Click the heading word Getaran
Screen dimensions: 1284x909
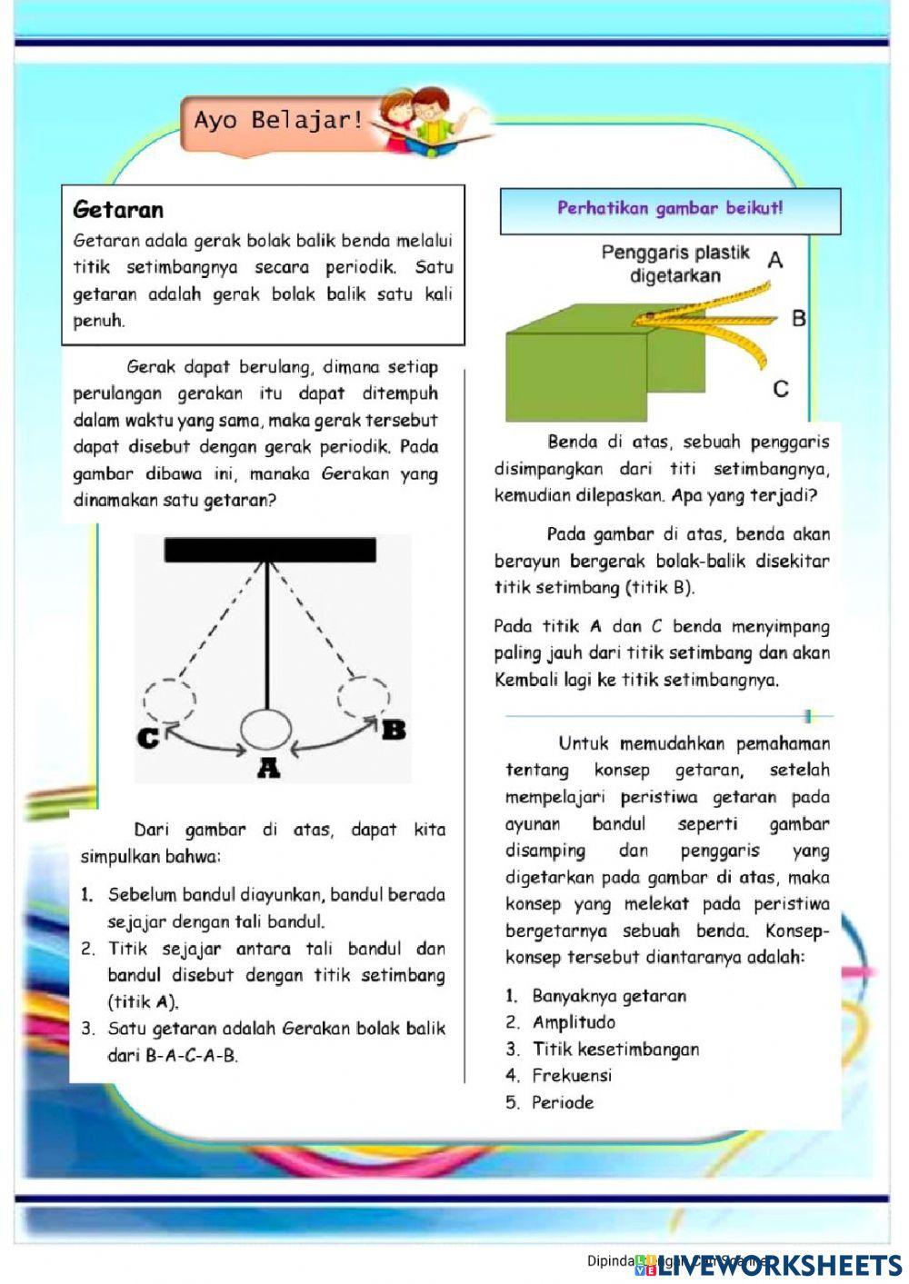(x=118, y=210)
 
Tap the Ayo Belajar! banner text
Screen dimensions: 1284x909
(x=277, y=120)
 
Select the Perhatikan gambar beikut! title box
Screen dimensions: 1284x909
(x=670, y=209)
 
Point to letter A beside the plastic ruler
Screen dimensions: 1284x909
(x=774, y=261)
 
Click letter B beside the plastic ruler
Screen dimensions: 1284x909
(x=798, y=318)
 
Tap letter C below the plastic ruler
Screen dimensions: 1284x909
(x=780, y=389)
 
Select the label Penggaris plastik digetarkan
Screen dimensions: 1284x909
(x=674, y=264)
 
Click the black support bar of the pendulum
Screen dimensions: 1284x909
(x=270, y=550)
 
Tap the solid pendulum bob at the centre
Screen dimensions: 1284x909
(x=266, y=730)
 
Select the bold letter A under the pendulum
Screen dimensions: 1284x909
(x=268, y=770)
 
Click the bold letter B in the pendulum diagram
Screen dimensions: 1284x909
(x=394, y=730)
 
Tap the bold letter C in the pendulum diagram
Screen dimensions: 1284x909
(x=147, y=738)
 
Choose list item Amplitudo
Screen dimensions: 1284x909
(x=574, y=1022)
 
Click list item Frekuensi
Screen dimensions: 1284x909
(x=572, y=1076)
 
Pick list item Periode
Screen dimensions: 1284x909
(x=563, y=1102)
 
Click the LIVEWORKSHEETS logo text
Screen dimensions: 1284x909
(x=780, y=1265)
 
